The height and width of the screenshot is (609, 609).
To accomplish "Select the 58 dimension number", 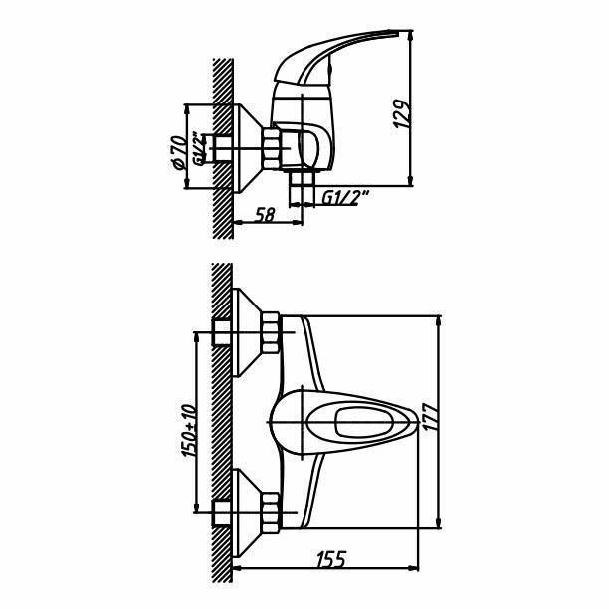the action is click(266, 214).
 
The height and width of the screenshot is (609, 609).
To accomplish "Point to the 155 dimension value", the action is click(331, 559).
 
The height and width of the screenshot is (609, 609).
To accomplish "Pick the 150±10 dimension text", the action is click(189, 430).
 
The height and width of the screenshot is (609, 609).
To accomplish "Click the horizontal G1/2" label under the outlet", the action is click(345, 198).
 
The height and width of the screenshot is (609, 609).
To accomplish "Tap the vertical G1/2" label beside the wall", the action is click(199, 149).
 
